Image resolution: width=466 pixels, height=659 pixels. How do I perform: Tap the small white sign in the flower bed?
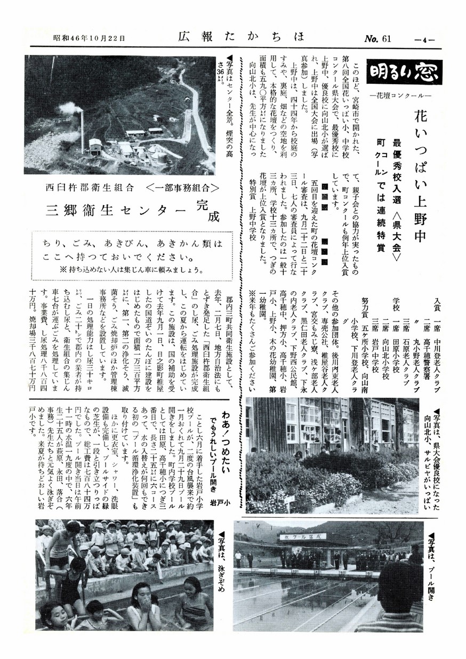click(290, 500)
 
